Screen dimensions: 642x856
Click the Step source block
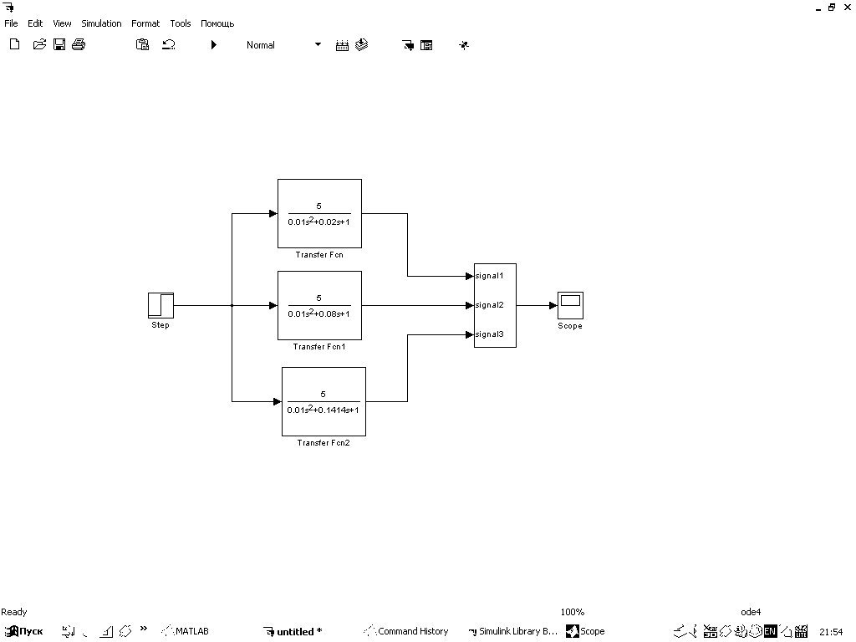click(160, 305)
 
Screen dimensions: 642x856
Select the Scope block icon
click(570, 305)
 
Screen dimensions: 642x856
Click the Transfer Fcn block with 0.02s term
click(319, 213)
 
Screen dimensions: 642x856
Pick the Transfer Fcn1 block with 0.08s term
click(319, 305)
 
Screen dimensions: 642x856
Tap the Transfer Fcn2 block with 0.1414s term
click(324, 401)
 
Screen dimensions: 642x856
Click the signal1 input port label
click(490, 275)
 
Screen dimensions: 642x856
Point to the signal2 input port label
click(490, 305)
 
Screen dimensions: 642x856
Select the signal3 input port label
click(490, 334)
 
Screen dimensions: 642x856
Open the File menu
click(11, 23)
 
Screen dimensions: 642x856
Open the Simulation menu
click(101, 23)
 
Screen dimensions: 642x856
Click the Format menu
click(145, 23)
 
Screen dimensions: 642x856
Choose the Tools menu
click(181, 23)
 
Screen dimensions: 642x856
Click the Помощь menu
click(217, 23)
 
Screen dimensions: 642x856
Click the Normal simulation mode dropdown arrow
click(318, 45)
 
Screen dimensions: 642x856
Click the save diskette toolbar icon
click(59, 45)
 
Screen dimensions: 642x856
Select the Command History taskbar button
click(407, 631)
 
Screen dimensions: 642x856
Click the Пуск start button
click(24, 631)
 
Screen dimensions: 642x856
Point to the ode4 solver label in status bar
click(751, 612)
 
